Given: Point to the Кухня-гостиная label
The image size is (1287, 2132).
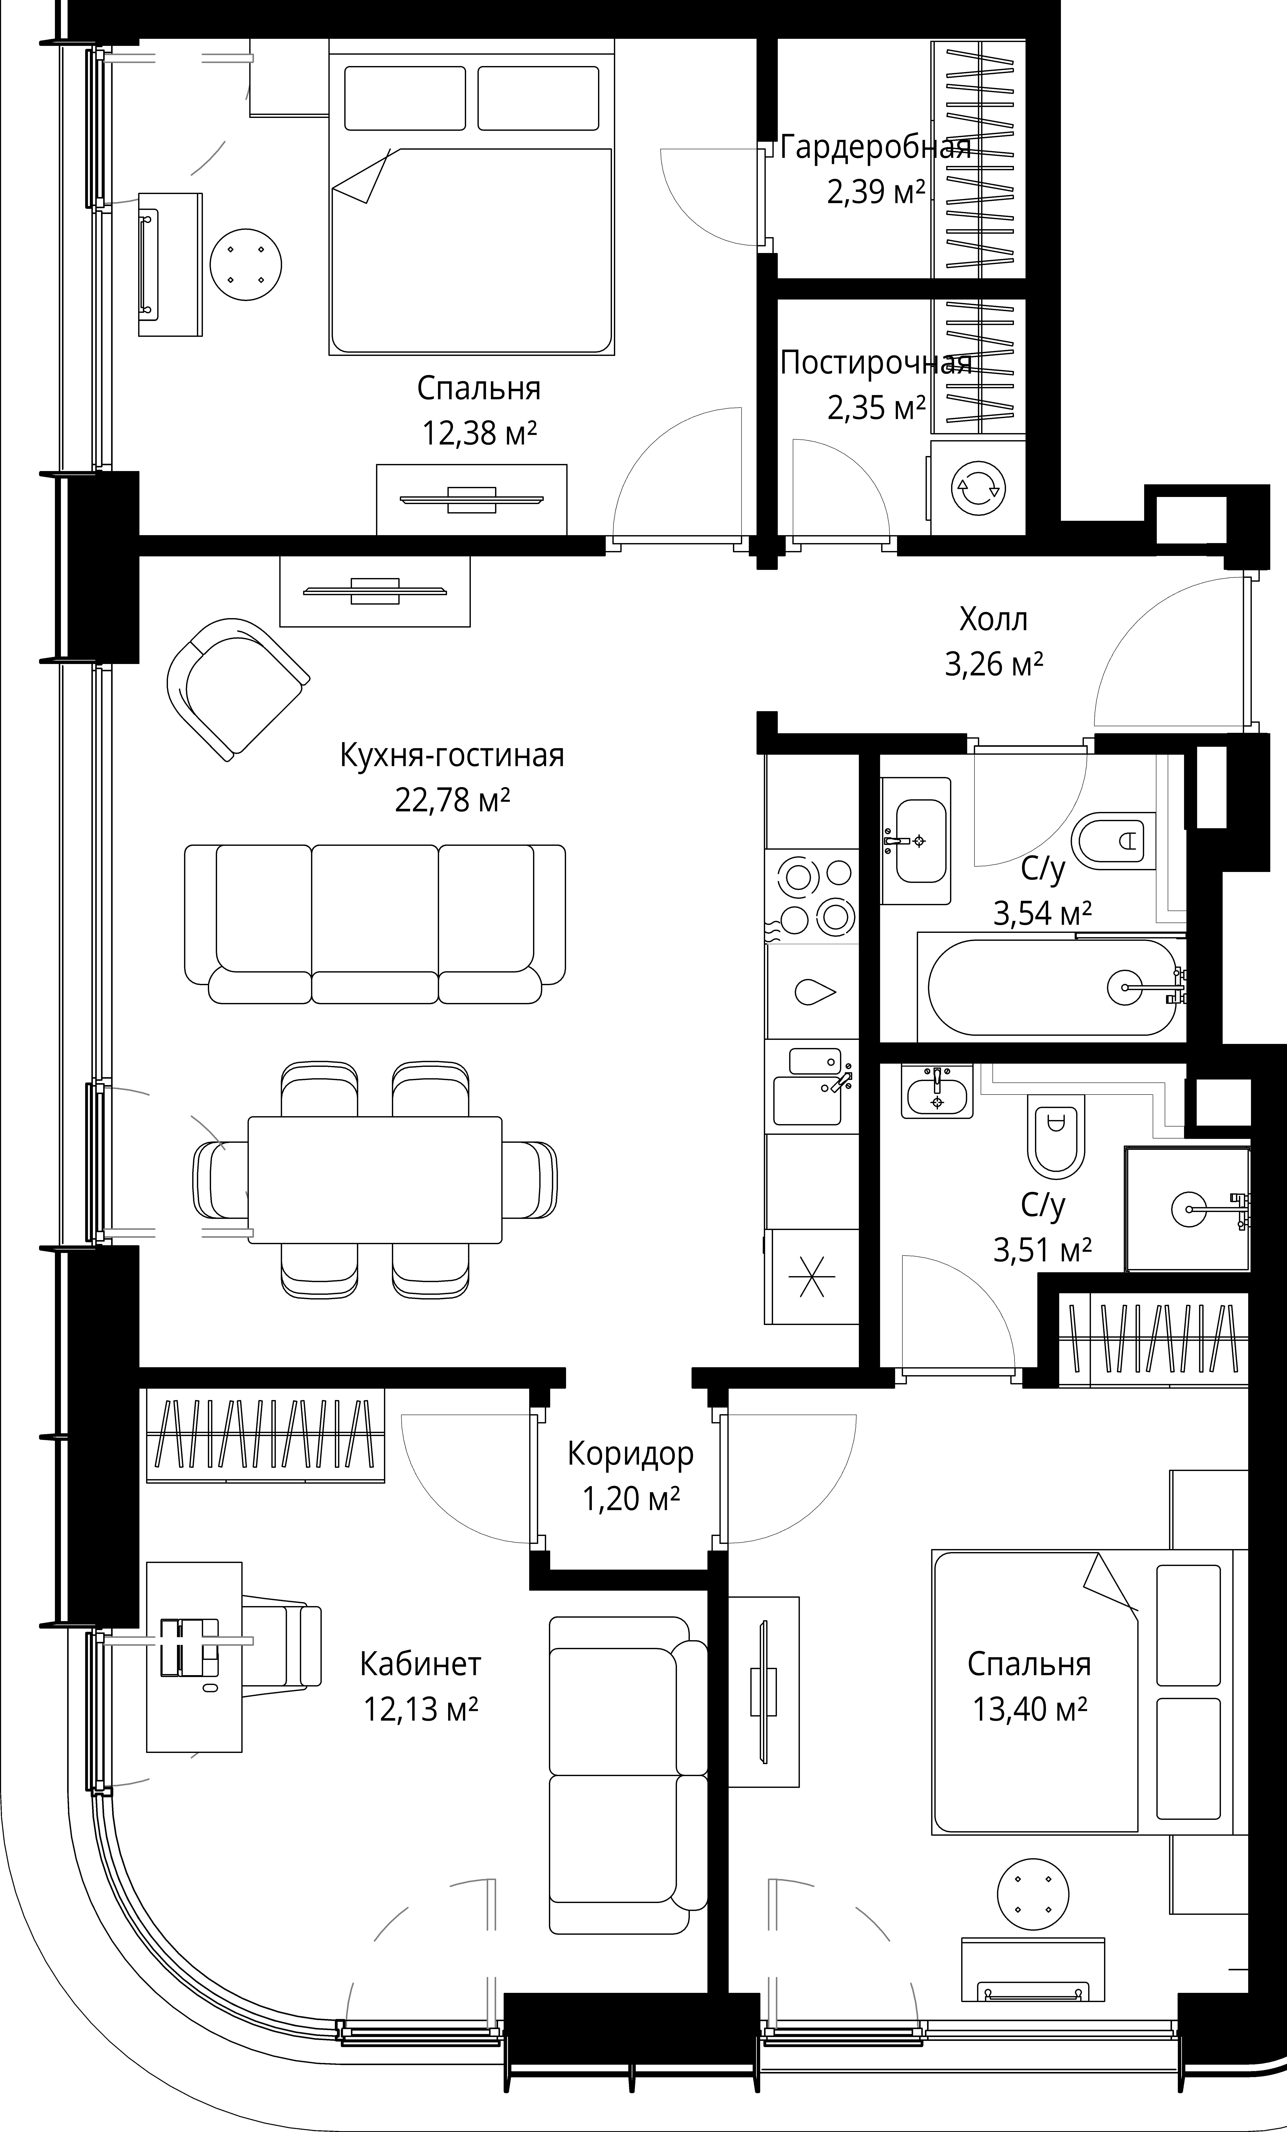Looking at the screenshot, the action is click(452, 755).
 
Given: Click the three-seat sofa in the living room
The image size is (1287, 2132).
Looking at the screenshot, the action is click(375, 924).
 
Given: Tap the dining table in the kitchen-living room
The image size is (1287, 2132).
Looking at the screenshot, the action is click(375, 1179).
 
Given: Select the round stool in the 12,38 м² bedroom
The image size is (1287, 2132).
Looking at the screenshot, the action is click(247, 265).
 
